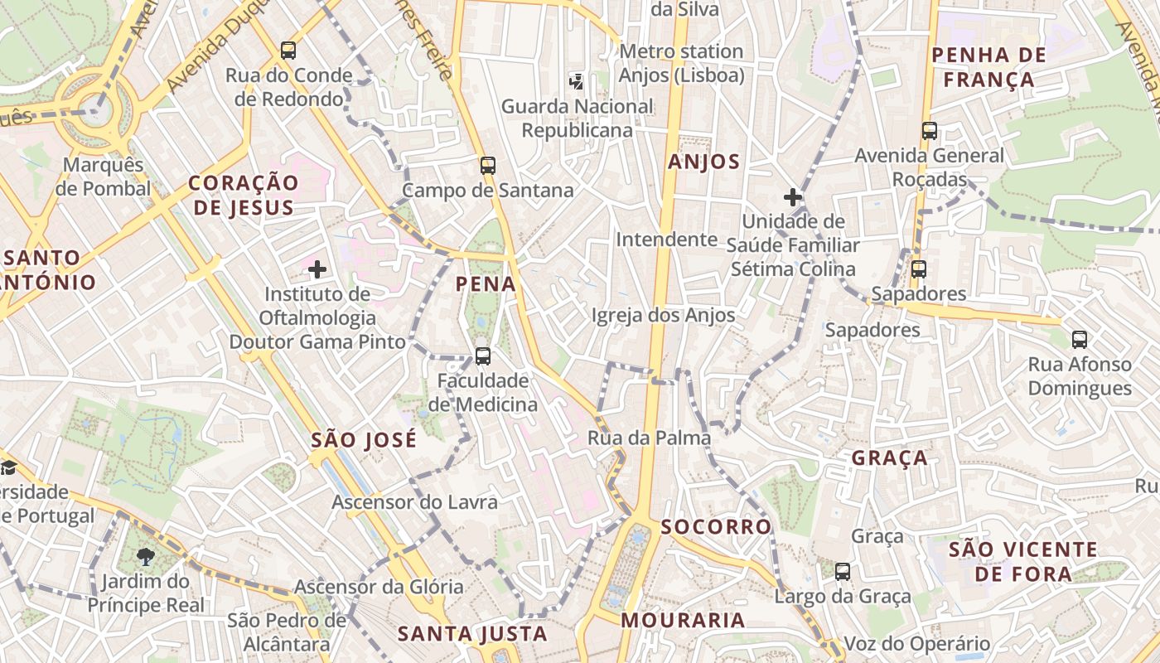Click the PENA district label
click(x=486, y=284)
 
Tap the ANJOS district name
click(x=703, y=162)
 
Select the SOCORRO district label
click(x=716, y=526)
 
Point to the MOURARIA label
click(x=683, y=620)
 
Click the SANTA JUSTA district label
click(x=472, y=634)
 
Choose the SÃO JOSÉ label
click(x=364, y=440)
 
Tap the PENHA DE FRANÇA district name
click(x=988, y=67)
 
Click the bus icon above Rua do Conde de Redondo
click(x=288, y=50)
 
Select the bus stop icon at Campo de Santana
click(x=488, y=165)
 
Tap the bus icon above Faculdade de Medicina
click(x=483, y=356)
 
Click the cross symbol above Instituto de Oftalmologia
click(x=317, y=269)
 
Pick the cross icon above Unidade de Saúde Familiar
click(x=793, y=197)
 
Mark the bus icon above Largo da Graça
click(x=843, y=571)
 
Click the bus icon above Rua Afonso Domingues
click(x=1080, y=339)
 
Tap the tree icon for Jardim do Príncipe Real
click(x=146, y=555)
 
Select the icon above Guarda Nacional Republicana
click(x=577, y=81)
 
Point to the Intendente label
click(x=666, y=240)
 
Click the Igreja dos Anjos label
click(x=663, y=315)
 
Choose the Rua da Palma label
click(x=649, y=438)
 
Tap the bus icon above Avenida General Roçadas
click(x=930, y=131)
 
